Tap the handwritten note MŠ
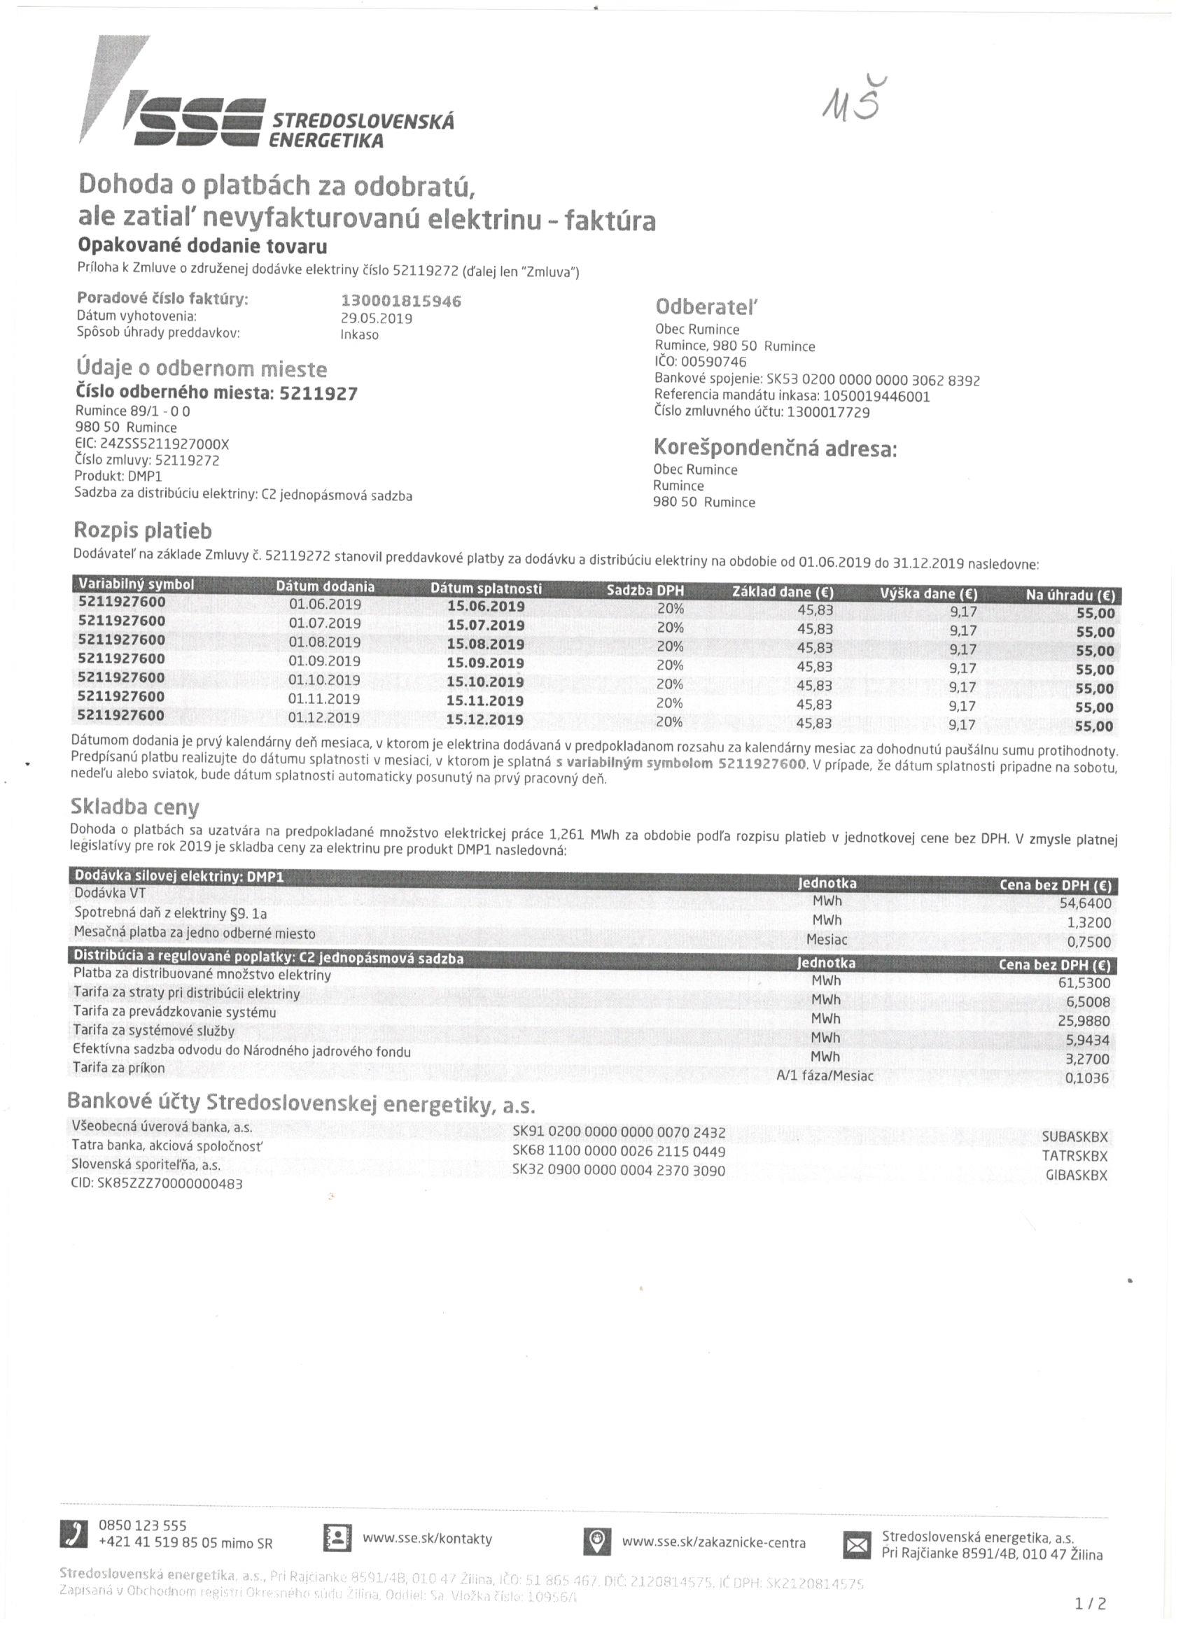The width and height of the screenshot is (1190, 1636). pos(851,100)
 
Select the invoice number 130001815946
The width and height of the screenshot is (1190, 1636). pos(400,301)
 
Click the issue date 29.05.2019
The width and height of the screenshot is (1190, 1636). pos(376,318)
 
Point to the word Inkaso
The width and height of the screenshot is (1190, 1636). pos(359,334)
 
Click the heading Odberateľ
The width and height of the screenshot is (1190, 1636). pos(707,307)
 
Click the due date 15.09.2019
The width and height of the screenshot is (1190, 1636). pos(485,663)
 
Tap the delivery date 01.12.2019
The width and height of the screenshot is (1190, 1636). pos(324,718)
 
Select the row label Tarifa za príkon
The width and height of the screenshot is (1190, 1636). pos(119,1068)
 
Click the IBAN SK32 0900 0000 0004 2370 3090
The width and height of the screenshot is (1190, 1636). pos(619,1170)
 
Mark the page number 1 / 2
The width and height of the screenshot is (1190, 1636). pos(1091,1604)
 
